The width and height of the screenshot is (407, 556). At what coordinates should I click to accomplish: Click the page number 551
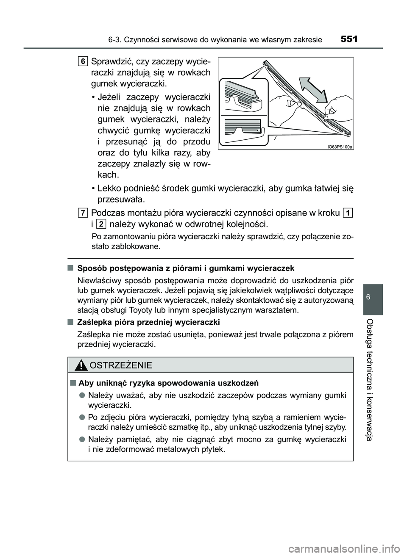click(x=349, y=39)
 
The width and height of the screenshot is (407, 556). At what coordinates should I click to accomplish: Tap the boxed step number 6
click(x=83, y=61)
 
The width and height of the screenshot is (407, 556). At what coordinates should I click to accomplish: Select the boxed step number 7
click(x=83, y=212)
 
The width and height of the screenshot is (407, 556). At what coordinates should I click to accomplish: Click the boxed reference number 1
click(x=348, y=212)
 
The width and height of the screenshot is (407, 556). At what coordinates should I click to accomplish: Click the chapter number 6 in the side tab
click(x=373, y=298)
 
